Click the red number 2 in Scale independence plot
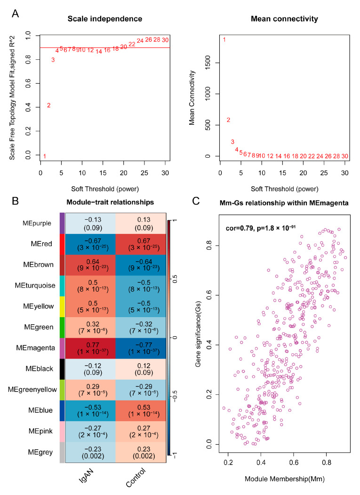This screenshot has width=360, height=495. [48, 105]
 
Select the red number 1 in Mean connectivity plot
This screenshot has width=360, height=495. [224, 40]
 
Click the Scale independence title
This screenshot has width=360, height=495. [105, 19]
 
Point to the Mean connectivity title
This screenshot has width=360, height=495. [284, 19]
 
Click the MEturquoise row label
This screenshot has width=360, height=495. [35, 286]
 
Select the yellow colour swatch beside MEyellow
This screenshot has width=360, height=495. [62, 306]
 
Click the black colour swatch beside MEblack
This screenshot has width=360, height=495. [62, 369]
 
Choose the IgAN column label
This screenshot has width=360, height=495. [86, 476]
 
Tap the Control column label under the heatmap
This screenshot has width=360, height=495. [136, 478]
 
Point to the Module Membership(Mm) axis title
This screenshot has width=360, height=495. [285, 479]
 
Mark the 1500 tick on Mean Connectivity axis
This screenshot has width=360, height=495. [208, 63]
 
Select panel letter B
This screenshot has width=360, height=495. [15, 201]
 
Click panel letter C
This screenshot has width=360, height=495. [196, 201]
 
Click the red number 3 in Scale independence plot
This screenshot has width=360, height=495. [53, 60]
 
